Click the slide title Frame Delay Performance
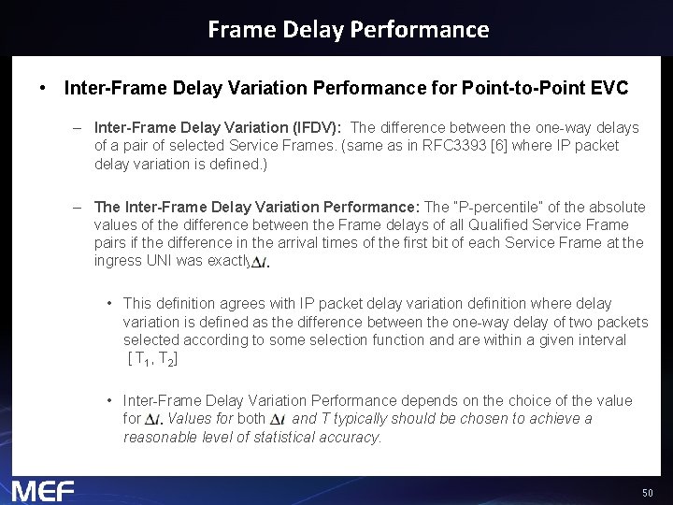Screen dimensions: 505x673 pos(348,29)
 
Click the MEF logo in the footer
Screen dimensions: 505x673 pos(43,490)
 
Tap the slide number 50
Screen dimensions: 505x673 pos(647,493)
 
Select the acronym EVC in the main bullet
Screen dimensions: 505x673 pos(609,89)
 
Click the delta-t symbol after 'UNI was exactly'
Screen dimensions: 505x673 pos(261,264)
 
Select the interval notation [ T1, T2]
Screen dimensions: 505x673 pos(152,359)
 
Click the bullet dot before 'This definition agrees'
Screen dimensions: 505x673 pos(110,303)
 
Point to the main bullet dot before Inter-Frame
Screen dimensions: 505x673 pos(43,89)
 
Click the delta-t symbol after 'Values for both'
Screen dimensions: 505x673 pos(278,420)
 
